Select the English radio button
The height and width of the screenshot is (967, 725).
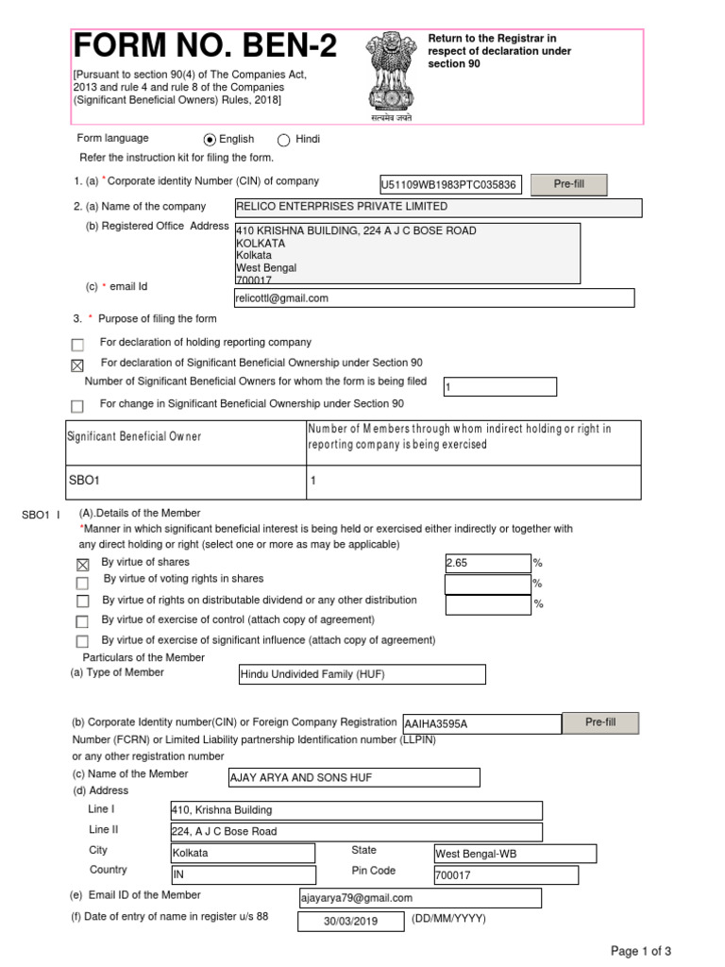click(x=210, y=140)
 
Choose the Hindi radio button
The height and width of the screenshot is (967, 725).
click(x=284, y=140)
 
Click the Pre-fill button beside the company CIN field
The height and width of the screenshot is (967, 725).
click(x=568, y=184)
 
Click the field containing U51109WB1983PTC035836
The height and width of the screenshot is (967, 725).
click(x=448, y=185)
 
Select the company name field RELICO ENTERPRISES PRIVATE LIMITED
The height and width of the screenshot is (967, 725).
click(x=437, y=208)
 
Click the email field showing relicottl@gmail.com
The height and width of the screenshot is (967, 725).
click(x=434, y=297)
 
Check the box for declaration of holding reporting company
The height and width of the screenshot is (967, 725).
click(x=77, y=345)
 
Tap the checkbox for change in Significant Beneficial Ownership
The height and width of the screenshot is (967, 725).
click(x=77, y=406)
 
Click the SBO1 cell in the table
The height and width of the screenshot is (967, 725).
click(x=184, y=481)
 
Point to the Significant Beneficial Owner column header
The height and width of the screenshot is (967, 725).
click(x=184, y=437)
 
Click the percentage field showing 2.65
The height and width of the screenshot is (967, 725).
click(x=488, y=564)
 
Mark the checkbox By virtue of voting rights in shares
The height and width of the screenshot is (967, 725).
click(x=82, y=583)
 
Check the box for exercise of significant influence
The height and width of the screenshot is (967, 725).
click(x=82, y=642)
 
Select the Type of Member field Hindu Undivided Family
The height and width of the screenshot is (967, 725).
click(x=362, y=674)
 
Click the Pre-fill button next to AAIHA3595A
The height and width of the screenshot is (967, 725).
click(x=600, y=722)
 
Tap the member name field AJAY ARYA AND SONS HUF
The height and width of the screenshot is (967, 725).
click(x=354, y=777)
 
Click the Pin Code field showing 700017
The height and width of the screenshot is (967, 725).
click(x=505, y=875)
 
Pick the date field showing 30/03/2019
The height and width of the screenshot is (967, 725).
click(x=350, y=922)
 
